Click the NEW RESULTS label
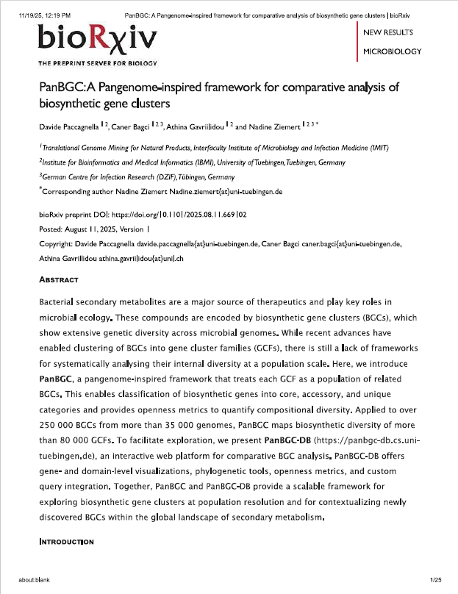click(x=388, y=32)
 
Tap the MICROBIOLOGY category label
click(x=393, y=51)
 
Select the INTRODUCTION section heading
click(x=66, y=542)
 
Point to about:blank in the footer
click(x=35, y=581)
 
